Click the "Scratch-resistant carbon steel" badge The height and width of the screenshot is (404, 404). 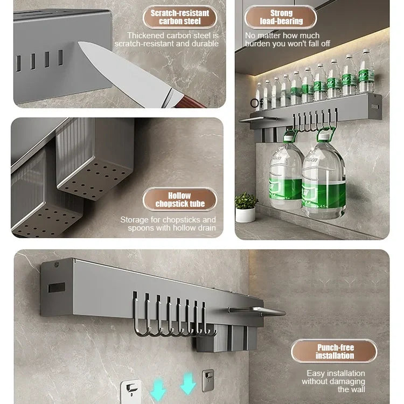point(180,17)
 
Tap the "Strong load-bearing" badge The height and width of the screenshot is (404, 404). point(281,17)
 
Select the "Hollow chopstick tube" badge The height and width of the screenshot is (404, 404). point(180,199)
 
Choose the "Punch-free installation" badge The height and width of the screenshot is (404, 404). point(335,351)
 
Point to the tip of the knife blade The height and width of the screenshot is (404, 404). point(79,43)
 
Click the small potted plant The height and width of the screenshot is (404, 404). point(246,208)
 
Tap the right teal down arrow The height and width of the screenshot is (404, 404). point(188,384)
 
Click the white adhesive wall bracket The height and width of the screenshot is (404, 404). point(131,391)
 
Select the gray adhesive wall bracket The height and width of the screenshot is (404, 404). point(208,380)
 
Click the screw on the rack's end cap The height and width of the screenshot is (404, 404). point(57,264)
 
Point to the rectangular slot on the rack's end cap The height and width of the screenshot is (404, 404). point(57,288)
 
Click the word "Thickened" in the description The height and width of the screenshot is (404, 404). point(145,36)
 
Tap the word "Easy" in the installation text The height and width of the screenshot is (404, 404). point(316,373)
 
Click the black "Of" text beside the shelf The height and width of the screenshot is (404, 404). point(256,103)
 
